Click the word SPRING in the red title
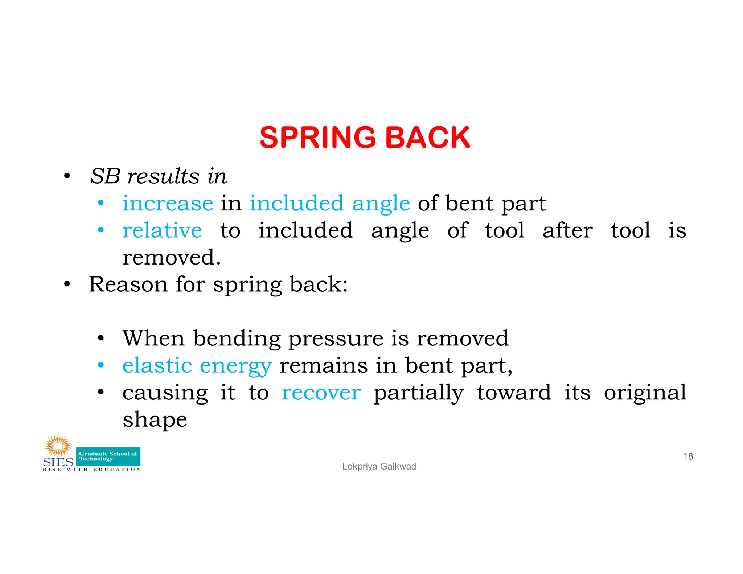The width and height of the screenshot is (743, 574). pyautogui.click(x=317, y=138)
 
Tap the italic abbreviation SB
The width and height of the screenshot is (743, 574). pyautogui.click(x=105, y=176)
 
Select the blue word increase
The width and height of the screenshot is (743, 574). pyautogui.click(x=168, y=203)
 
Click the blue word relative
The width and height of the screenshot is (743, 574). pyautogui.click(x=162, y=230)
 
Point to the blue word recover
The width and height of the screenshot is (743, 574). pyautogui.click(x=321, y=393)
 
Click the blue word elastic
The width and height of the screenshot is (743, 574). pyautogui.click(x=157, y=365)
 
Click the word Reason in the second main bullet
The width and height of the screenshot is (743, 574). pyautogui.click(x=128, y=284)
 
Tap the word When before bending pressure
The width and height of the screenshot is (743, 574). pyautogui.click(x=154, y=338)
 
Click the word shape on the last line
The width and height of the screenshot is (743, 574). pyautogui.click(x=155, y=420)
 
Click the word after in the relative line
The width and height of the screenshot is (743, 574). pyautogui.click(x=567, y=230)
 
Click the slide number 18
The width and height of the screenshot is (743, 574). pyautogui.click(x=688, y=456)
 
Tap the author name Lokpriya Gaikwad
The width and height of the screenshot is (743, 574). pyautogui.click(x=379, y=466)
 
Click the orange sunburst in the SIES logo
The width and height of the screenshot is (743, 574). pyautogui.click(x=57, y=446)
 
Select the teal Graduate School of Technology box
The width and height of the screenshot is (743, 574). pyautogui.click(x=108, y=456)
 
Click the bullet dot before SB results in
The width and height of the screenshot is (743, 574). pyautogui.click(x=66, y=176)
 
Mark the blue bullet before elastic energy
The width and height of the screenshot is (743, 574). pyautogui.click(x=101, y=365)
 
